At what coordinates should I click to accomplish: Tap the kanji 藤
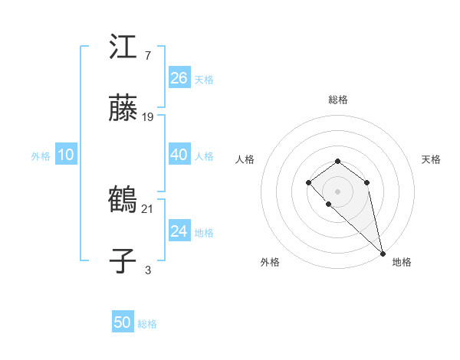(123, 110)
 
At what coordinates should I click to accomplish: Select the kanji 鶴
(123, 201)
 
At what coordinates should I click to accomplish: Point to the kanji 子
(123, 261)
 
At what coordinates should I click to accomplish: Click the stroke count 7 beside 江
(147, 56)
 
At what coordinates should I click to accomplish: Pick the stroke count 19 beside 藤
(148, 117)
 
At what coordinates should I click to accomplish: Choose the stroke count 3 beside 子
(147, 270)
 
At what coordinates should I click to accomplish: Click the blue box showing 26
(179, 78)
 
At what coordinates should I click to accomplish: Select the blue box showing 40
(179, 155)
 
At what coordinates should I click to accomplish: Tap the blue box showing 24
(179, 231)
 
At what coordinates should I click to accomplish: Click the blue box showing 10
(66, 155)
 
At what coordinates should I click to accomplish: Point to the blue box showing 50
(123, 322)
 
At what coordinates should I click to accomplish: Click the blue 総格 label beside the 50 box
(147, 324)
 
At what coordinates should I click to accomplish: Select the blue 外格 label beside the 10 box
(40, 156)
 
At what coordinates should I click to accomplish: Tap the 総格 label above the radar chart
(338, 100)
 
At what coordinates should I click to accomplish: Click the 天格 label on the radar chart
(431, 159)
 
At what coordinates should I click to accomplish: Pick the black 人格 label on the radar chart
(245, 159)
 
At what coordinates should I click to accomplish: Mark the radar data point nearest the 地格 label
(383, 253)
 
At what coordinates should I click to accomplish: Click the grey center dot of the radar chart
(338, 191)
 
